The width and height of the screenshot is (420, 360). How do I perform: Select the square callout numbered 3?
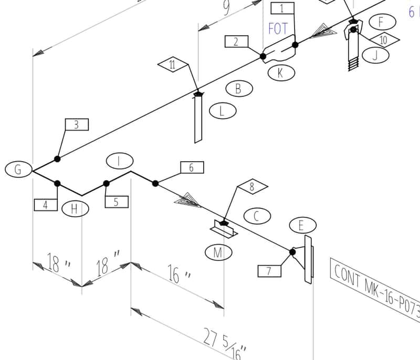pos(77,124)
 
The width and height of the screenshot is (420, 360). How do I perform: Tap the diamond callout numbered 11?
pos(173,65)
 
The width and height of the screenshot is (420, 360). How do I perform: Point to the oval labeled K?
pos(280,72)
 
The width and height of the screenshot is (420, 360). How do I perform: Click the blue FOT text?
pos(278,28)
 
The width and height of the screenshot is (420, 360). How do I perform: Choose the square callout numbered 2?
pos(236,41)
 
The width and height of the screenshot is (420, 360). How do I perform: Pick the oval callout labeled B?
pos(238,89)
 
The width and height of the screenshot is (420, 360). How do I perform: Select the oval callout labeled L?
pos(222,111)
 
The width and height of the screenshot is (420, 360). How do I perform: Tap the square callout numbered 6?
pos(192,167)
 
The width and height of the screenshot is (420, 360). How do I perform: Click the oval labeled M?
pos(218,252)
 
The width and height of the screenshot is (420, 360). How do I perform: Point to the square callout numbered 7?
pos(269,271)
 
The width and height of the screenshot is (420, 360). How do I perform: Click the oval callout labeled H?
pos(75,209)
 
